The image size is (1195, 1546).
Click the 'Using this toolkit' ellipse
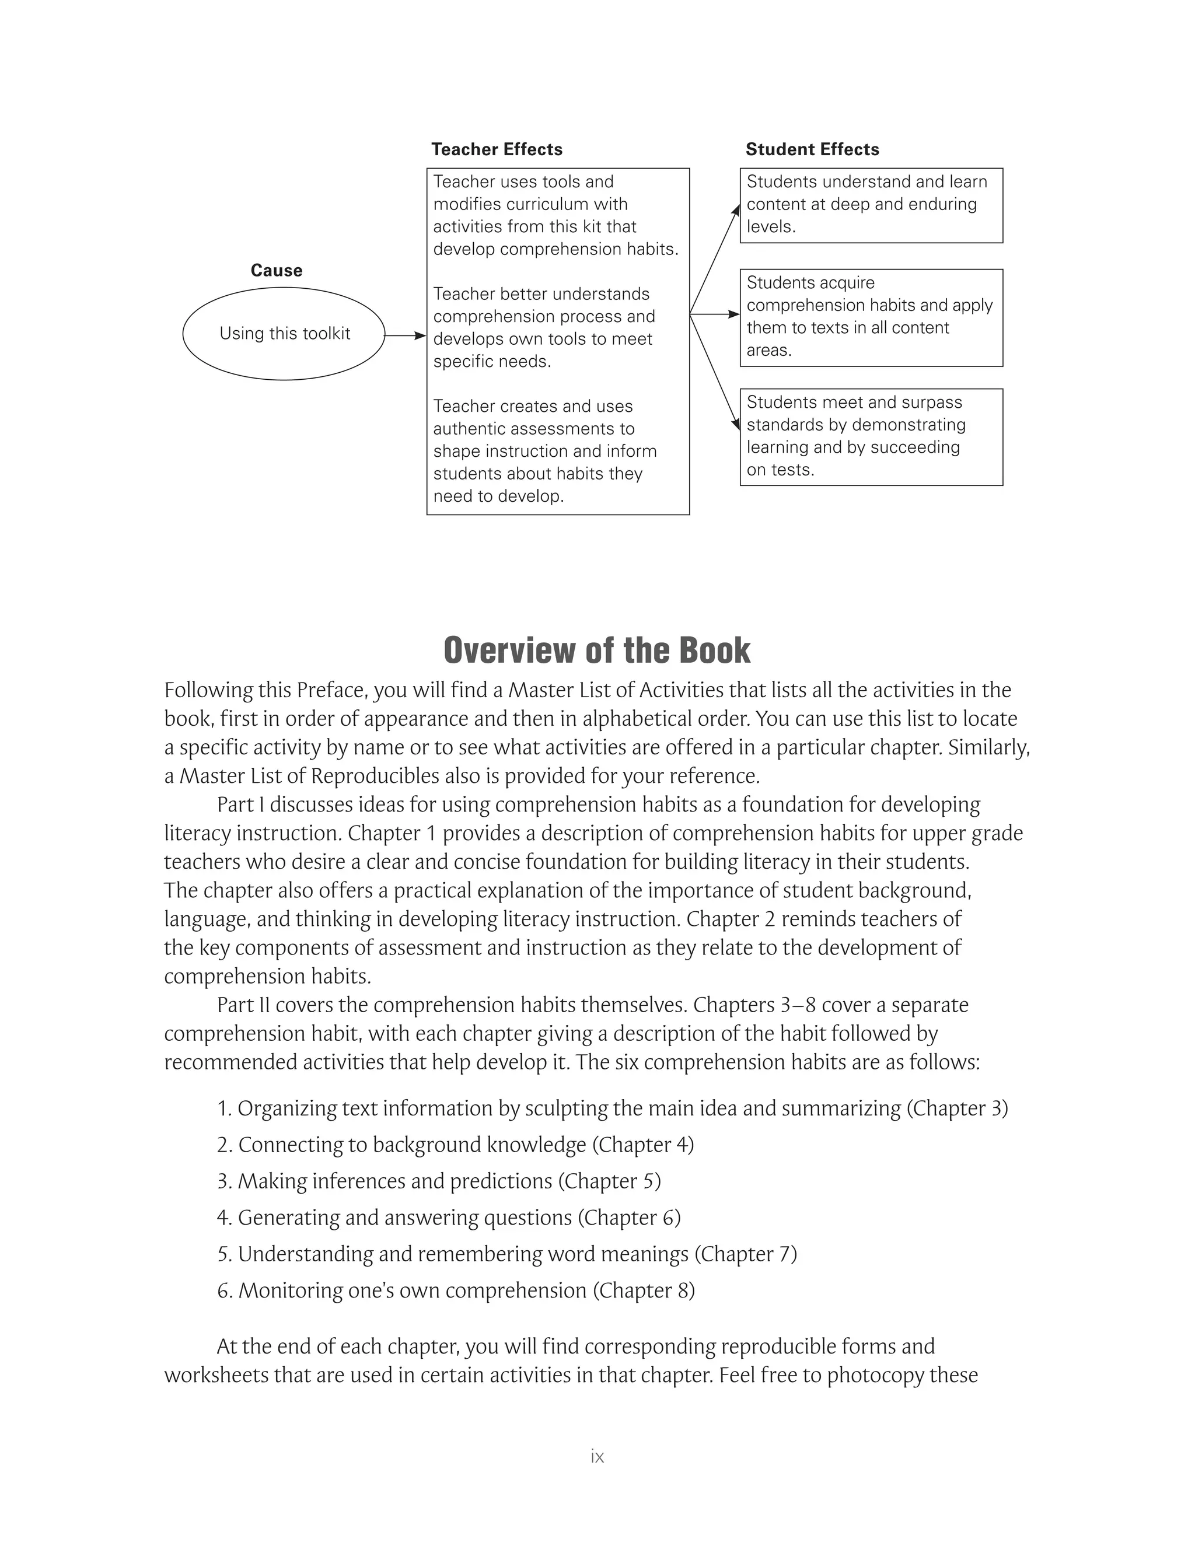coord(284,333)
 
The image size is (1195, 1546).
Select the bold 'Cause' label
coord(276,271)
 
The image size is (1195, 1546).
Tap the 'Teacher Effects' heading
coord(497,149)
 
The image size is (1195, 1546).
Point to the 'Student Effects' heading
coord(812,149)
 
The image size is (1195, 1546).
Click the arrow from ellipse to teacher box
coord(406,335)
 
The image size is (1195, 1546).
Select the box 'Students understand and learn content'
coord(871,205)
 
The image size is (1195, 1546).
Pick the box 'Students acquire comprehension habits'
coord(871,317)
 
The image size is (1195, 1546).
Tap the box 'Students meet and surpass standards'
coord(871,437)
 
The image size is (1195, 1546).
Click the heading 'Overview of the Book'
coord(597,650)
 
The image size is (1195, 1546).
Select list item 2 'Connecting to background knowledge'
coord(455,1145)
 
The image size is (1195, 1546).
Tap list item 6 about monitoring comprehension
coord(455,1290)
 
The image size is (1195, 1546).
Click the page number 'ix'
coord(597,1456)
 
